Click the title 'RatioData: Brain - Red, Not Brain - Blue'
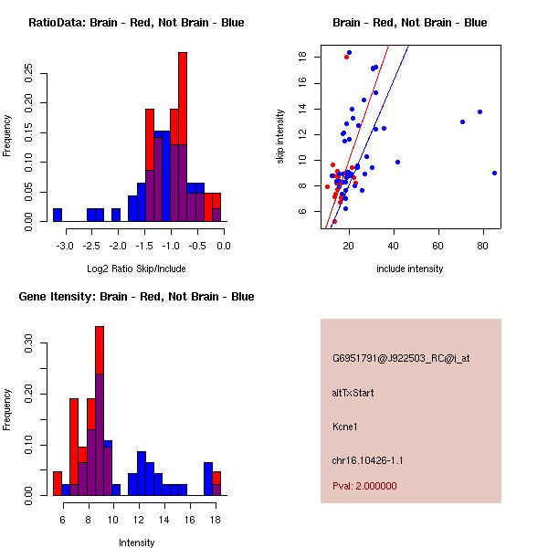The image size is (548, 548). [135, 23]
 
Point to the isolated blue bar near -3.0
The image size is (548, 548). [58, 215]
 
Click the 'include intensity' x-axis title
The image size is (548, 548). [409, 269]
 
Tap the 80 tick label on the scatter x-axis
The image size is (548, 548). [484, 245]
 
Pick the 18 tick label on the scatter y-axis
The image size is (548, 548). [301, 57]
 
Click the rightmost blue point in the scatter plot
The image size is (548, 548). [494, 173]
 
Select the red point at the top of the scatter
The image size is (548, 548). [346, 57]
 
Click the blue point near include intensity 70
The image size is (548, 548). [462, 121]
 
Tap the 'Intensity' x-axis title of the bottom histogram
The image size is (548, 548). [136, 543]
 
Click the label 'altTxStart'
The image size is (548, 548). [353, 393]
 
